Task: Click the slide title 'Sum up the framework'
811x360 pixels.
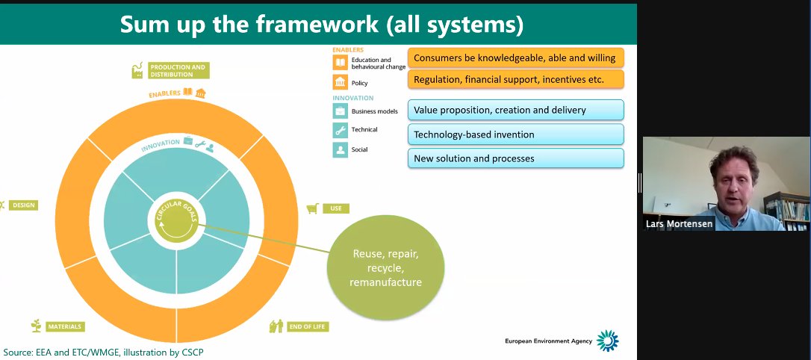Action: [x=322, y=24]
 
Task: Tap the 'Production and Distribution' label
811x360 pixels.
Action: [x=178, y=71]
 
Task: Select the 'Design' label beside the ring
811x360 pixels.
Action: [x=23, y=205]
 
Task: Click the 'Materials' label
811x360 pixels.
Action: [x=64, y=326]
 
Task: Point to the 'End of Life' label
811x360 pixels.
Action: [x=308, y=326]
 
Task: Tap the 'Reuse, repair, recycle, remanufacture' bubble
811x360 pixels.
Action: [x=386, y=268]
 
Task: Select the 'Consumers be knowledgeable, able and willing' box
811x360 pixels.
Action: [x=515, y=58]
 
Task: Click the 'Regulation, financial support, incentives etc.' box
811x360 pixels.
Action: [x=515, y=79]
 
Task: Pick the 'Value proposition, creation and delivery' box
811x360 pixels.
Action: [x=515, y=110]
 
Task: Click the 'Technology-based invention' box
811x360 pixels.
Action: [x=515, y=134]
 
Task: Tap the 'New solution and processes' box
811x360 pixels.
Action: [x=515, y=158]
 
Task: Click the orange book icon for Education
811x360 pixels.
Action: [x=340, y=63]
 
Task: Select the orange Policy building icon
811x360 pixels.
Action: [x=340, y=83]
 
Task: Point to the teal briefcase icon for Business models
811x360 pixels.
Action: [x=340, y=111]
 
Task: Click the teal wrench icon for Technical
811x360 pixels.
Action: [x=340, y=130]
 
